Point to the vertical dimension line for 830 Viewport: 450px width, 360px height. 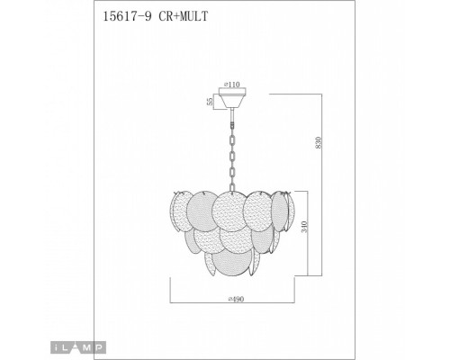pyautogui.click(x=322, y=180)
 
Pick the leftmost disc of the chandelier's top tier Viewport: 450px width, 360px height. pyautogui.click(x=177, y=216)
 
